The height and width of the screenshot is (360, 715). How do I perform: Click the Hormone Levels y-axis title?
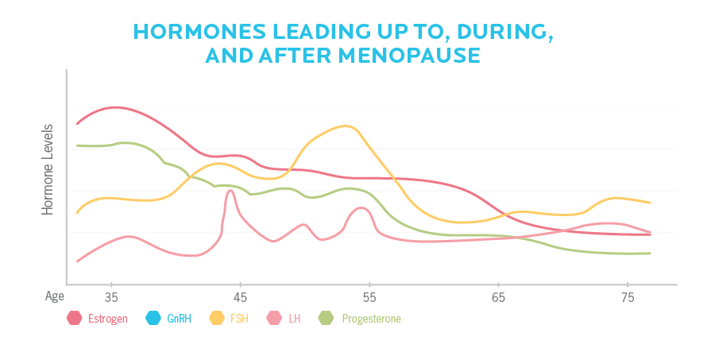pyautogui.click(x=48, y=169)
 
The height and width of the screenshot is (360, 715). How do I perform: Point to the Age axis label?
pyautogui.click(x=54, y=296)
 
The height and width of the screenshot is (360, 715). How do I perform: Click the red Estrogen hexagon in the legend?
pyautogui.click(x=75, y=319)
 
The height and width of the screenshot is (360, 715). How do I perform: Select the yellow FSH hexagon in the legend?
pyautogui.click(x=217, y=319)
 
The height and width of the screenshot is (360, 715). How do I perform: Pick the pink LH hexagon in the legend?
pyautogui.click(x=275, y=319)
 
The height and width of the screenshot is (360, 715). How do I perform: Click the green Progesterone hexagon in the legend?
pyautogui.click(x=326, y=319)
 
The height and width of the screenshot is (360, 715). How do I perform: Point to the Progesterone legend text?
pyautogui.click(x=371, y=319)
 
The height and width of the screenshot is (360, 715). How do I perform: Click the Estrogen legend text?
pyautogui.click(x=109, y=319)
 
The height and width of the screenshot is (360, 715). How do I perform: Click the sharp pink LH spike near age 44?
pyautogui.click(x=230, y=191)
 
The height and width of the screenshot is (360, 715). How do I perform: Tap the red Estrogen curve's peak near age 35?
pyautogui.click(x=115, y=107)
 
